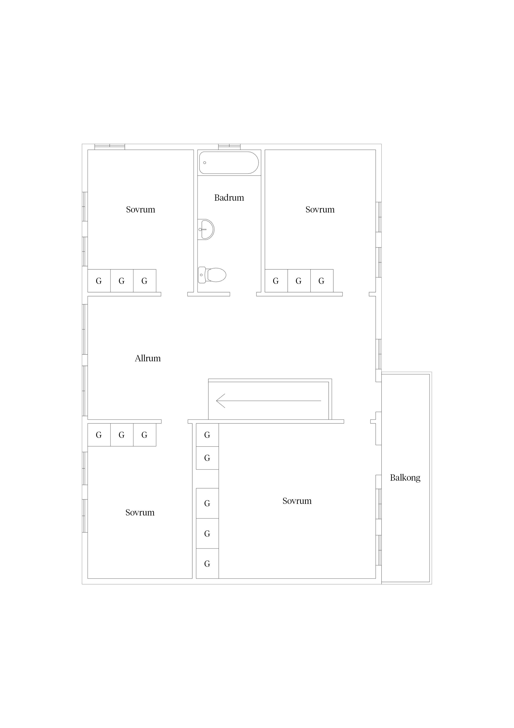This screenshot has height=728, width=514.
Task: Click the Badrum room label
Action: [x=229, y=198]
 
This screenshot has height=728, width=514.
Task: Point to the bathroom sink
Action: [x=206, y=229]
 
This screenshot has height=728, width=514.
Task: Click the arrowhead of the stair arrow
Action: [x=221, y=401]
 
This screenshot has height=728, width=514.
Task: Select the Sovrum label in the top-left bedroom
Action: [x=141, y=210]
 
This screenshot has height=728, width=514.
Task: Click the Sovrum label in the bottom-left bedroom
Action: [x=140, y=513]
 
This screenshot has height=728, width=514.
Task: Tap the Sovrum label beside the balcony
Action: [x=297, y=501]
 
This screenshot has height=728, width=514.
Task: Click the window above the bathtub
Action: [x=229, y=147]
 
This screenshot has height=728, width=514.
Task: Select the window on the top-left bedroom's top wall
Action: [x=110, y=147]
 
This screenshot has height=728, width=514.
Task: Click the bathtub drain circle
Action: [x=205, y=163]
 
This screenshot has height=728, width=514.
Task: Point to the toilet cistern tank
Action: [x=201, y=275]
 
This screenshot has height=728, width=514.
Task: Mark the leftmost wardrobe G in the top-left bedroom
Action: [x=99, y=281]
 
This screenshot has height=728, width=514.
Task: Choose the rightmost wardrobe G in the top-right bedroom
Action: [x=322, y=281]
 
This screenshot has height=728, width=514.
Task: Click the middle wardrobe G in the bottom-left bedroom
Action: [x=122, y=435]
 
